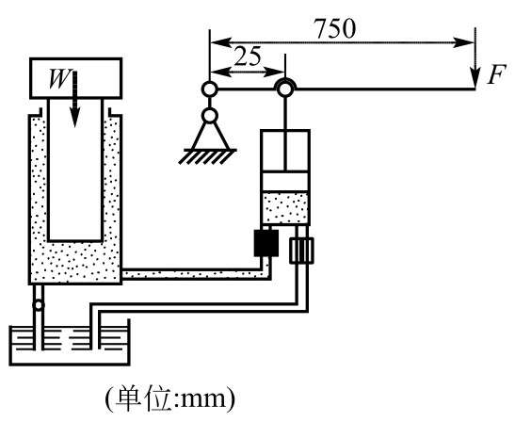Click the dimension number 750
pos(335,28)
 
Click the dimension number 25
pos(248,56)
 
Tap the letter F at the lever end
pos(495,74)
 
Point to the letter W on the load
pos(60,79)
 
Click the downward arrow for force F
pos(475,58)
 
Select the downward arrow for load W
pos(75,99)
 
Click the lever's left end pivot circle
pos(209,89)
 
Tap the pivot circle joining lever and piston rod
pos(285,89)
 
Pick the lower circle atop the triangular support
pos(210,115)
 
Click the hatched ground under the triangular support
pos(208,156)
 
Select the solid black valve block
pos(266,243)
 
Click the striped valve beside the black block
pos(301,251)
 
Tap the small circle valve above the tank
pos(39,305)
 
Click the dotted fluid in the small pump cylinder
pos(285,208)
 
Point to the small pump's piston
pos(285,181)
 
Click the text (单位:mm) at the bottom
pos(170,398)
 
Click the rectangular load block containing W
pos(76,78)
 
